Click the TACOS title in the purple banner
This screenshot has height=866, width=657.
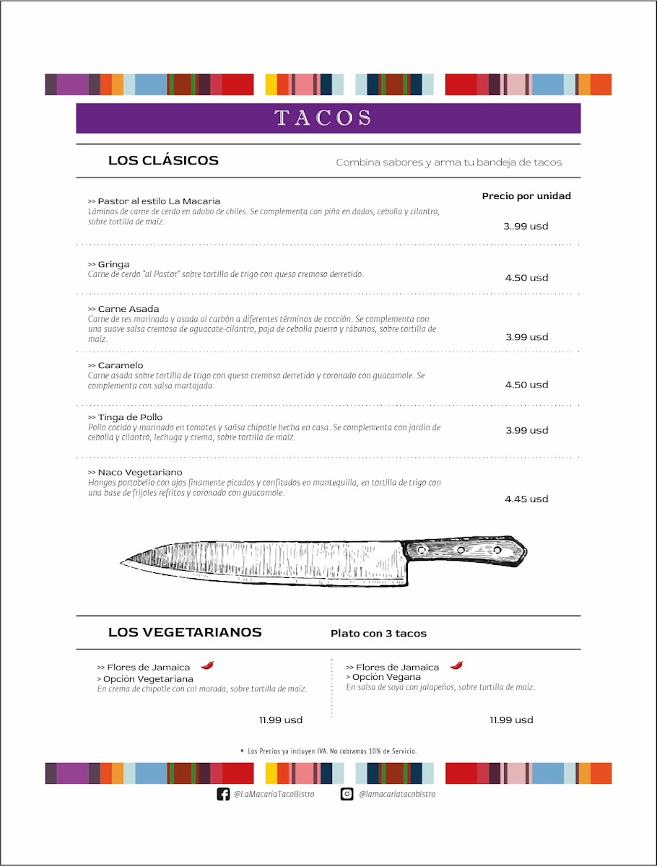(x=323, y=118)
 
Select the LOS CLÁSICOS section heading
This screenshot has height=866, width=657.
(x=163, y=160)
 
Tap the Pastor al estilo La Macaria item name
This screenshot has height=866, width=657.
(x=155, y=201)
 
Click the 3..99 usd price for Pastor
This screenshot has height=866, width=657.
(x=526, y=226)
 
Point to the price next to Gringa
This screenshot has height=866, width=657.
(x=526, y=278)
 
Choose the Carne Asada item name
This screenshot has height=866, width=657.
(x=123, y=309)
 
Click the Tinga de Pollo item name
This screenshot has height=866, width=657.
(x=126, y=417)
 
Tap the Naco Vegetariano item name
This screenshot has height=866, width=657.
(x=135, y=472)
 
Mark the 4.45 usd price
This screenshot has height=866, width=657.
(x=526, y=499)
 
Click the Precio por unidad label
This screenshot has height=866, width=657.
(x=526, y=196)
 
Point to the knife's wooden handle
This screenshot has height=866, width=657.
(x=462, y=550)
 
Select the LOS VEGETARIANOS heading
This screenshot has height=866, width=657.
(x=185, y=633)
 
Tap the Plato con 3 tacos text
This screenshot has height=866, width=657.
(x=378, y=634)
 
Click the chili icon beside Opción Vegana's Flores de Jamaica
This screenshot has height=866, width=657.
(x=456, y=665)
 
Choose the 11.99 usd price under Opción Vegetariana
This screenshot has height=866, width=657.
(x=281, y=720)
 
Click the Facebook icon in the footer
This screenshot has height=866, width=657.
(x=223, y=794)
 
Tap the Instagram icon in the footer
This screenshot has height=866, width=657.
(x=347, y=794)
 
